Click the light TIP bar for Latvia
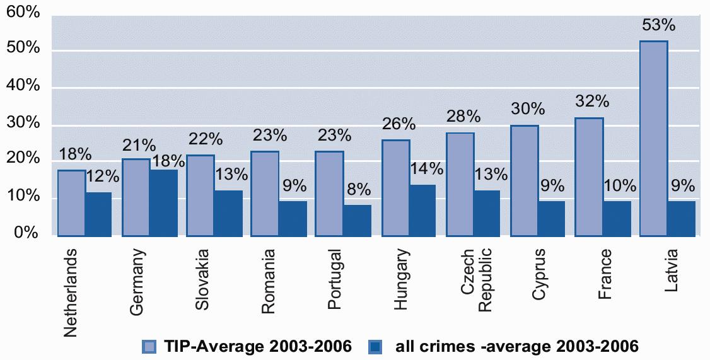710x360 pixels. coord(654,139)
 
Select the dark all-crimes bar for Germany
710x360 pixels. coord(163,203)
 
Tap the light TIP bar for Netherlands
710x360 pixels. coord(71,203)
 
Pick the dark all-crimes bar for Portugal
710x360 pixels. coord(358,220)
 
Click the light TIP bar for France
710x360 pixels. coord(589,177)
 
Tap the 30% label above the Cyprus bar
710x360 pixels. coord(528,108)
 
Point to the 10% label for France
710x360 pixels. coord(620,186)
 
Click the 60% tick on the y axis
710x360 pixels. coord(23,13)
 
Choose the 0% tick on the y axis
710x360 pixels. coord(27,234)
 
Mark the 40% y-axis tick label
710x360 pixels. coord(23,87)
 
